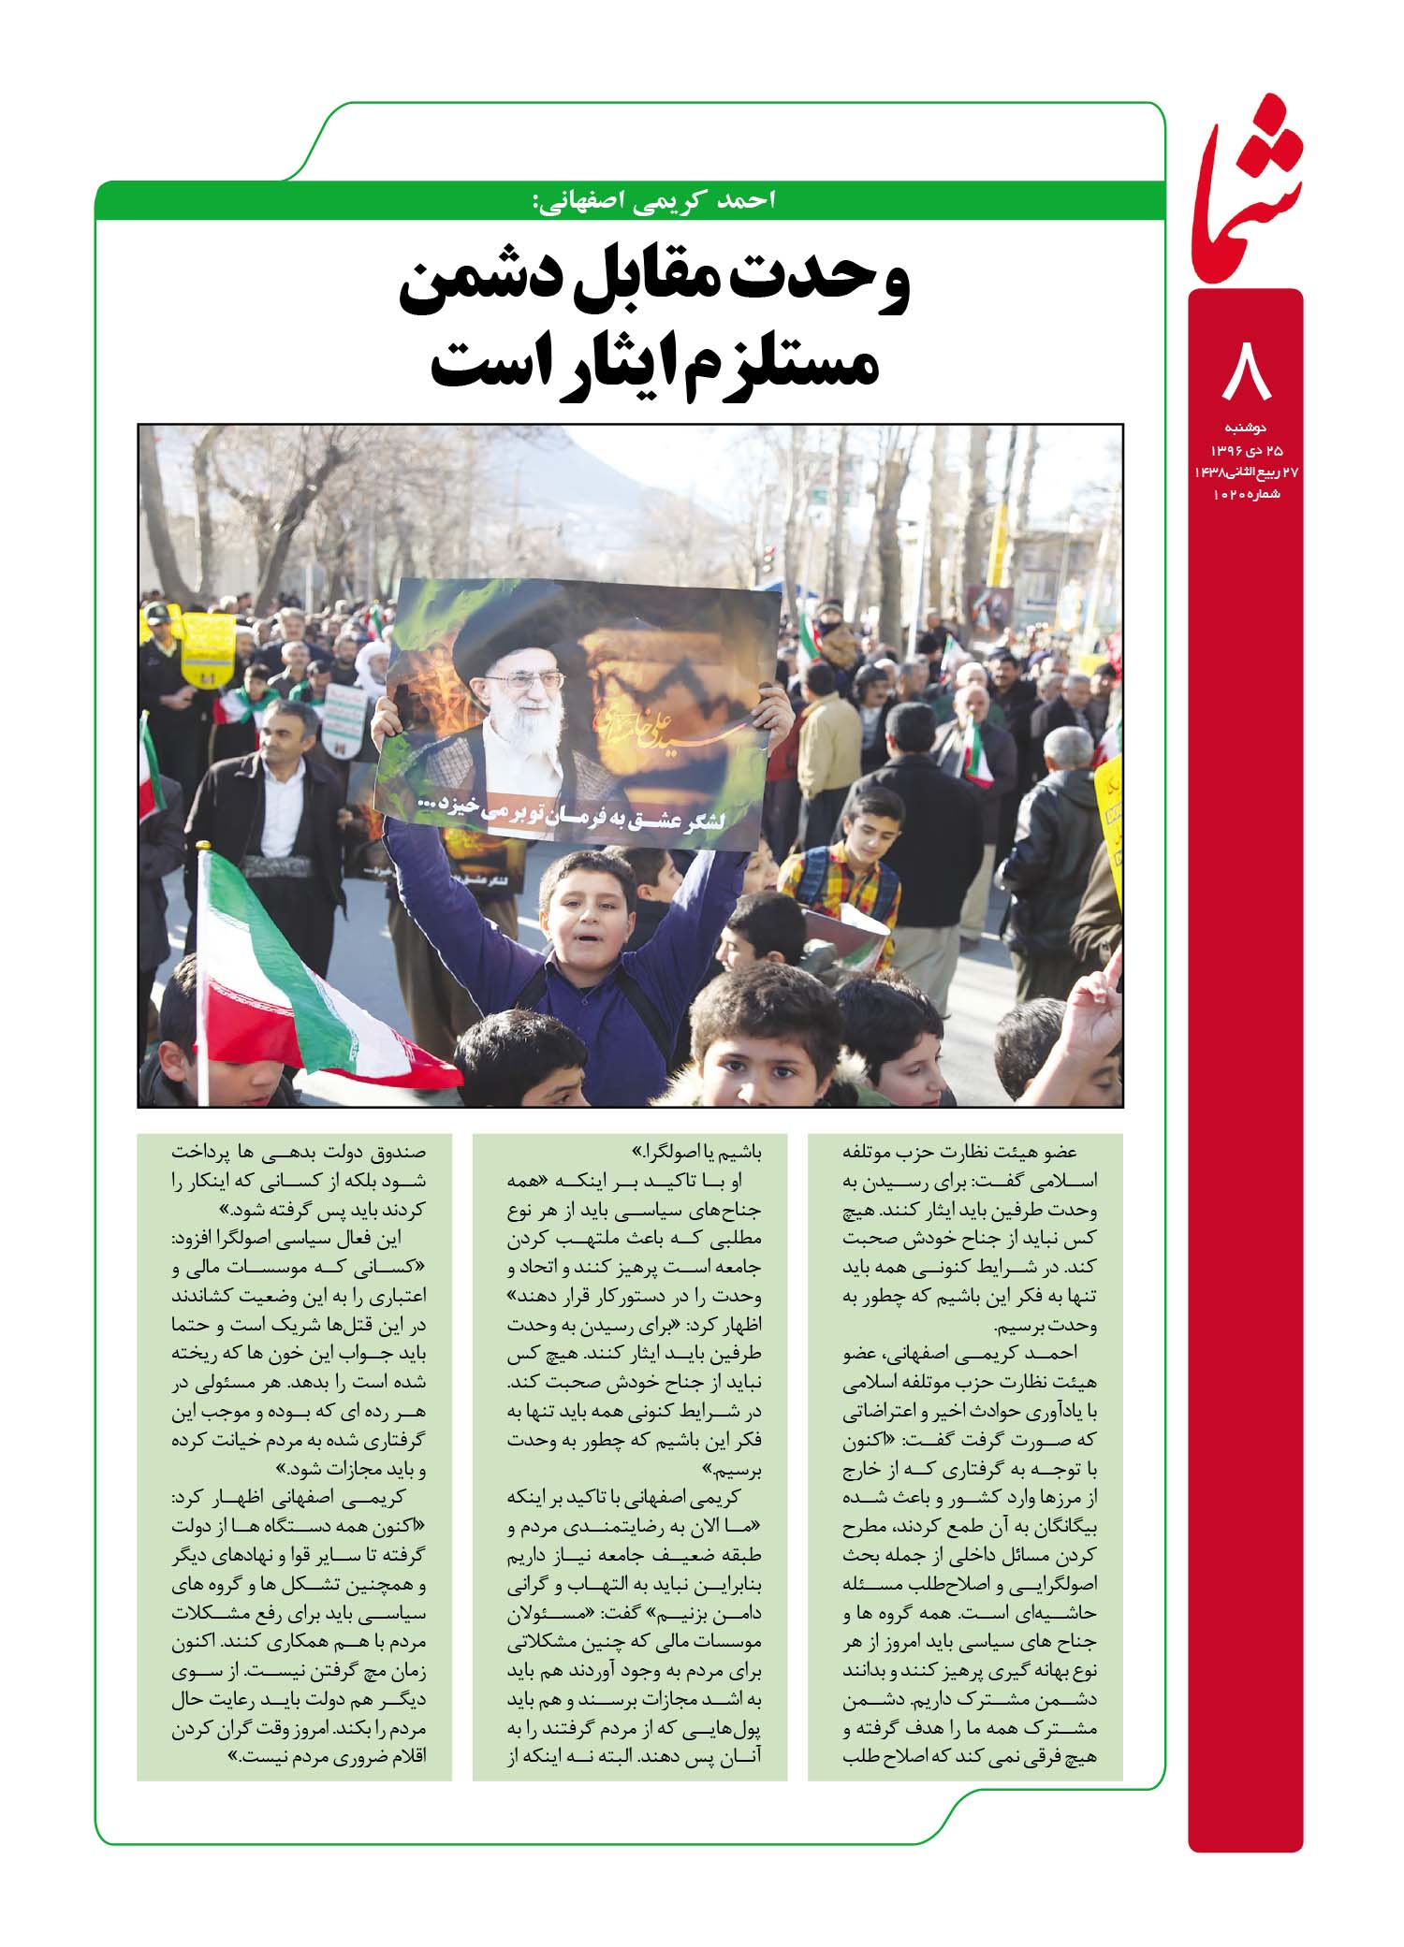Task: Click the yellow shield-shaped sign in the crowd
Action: point(208,646)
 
